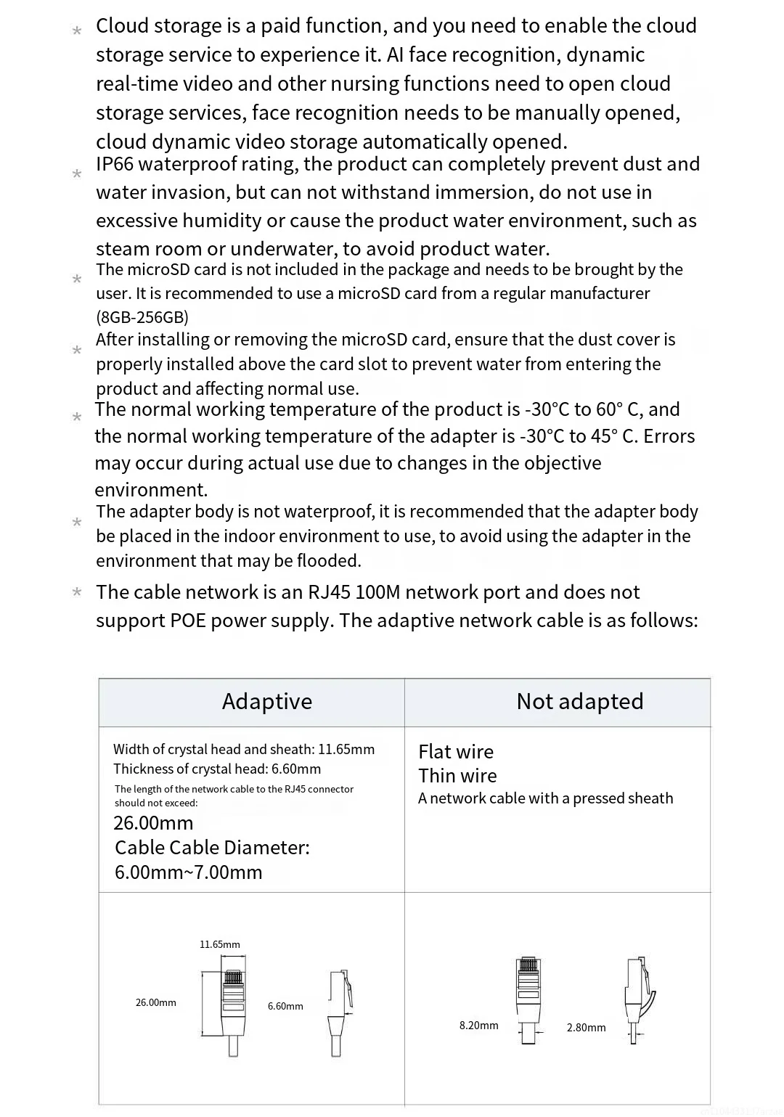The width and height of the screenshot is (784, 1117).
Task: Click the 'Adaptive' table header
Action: click(266, 701)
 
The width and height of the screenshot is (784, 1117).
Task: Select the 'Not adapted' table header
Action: click(579, 701)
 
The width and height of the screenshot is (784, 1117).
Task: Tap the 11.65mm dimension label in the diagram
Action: click(219, 944)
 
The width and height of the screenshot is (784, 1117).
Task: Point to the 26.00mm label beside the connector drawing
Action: click(155, 1002)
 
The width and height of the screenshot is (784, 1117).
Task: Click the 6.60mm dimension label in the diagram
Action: click(285, 1006)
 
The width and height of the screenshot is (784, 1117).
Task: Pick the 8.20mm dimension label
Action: click(478, 1026)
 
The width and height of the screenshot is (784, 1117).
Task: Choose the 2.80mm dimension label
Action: click(586, 1028)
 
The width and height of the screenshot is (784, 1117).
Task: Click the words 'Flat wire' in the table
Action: click(456, 752)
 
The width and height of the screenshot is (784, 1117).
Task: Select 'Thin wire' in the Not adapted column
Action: click(457, 776)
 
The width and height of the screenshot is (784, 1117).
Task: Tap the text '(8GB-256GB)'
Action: click(142, 317)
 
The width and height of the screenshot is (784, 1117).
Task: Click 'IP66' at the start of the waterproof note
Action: click(115, 164)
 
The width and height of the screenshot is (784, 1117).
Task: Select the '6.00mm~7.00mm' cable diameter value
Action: click(188, 872)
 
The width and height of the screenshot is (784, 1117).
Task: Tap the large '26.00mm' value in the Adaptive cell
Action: click(153, 823)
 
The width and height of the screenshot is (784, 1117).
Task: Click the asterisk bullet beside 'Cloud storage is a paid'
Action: click(77, 30)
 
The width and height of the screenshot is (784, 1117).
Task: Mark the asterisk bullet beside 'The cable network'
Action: click(77, 592)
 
